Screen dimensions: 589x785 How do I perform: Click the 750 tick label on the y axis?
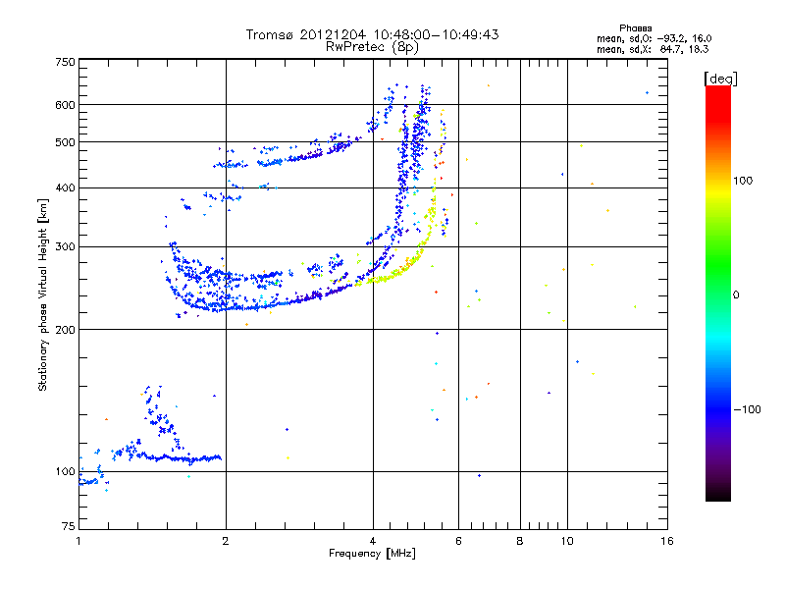click(66, 62)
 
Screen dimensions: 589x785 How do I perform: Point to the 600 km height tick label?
click(66, 105)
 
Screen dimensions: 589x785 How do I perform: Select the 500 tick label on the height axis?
click(66, 142)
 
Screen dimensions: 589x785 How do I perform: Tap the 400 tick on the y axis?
click(66, 187)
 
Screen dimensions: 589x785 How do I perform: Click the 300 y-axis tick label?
click(66, 246)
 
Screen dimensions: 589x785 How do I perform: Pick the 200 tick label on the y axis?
click(66, 329)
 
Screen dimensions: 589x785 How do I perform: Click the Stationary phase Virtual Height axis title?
click(43, 294)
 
